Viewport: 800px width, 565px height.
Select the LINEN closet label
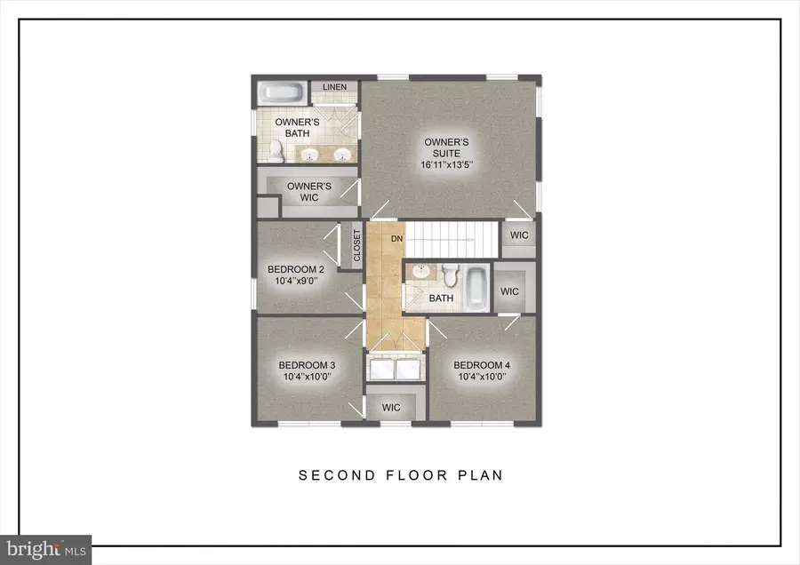[334, 87]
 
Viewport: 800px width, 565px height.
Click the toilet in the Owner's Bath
[276, 151]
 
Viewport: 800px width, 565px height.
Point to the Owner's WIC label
[308, 191]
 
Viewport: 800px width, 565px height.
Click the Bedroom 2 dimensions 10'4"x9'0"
[296, 282]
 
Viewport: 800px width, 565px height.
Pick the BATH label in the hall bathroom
[441, 298]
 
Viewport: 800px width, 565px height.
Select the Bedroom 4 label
[482, 365]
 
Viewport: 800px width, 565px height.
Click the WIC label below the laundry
[391, 408]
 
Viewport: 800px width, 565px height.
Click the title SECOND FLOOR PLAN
[400, 475]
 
